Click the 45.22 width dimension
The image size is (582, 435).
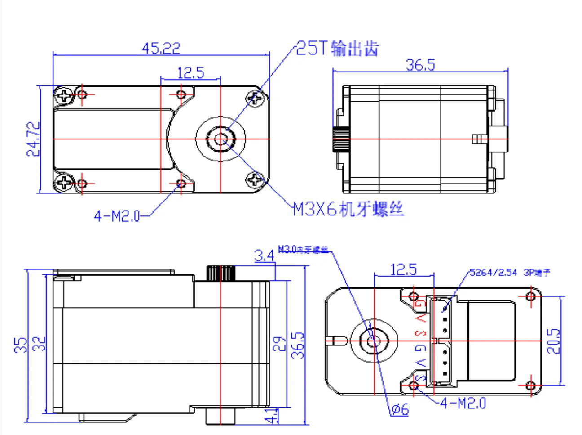coord(161,48)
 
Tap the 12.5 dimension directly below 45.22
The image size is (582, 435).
coord(190,72)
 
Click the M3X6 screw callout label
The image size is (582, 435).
coord(348,209)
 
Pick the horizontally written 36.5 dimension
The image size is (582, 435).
coord(420,65)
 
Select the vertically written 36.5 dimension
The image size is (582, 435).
coord(298,345)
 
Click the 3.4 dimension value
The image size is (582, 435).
coord(264,256)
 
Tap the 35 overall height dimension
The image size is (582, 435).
coord(21,345)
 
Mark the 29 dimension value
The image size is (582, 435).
coord(279,344)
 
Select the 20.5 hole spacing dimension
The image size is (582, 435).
coord(553,341)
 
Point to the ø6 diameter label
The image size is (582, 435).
coord(399,409)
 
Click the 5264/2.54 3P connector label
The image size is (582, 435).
coord(510,273)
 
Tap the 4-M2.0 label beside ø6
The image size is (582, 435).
coord(463,403)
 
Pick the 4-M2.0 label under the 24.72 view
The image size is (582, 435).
coord(117,216)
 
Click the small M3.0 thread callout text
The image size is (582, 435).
coord(303,249)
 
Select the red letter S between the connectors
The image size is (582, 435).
coord(420,333)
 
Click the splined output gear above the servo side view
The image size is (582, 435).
coord(221,273)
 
